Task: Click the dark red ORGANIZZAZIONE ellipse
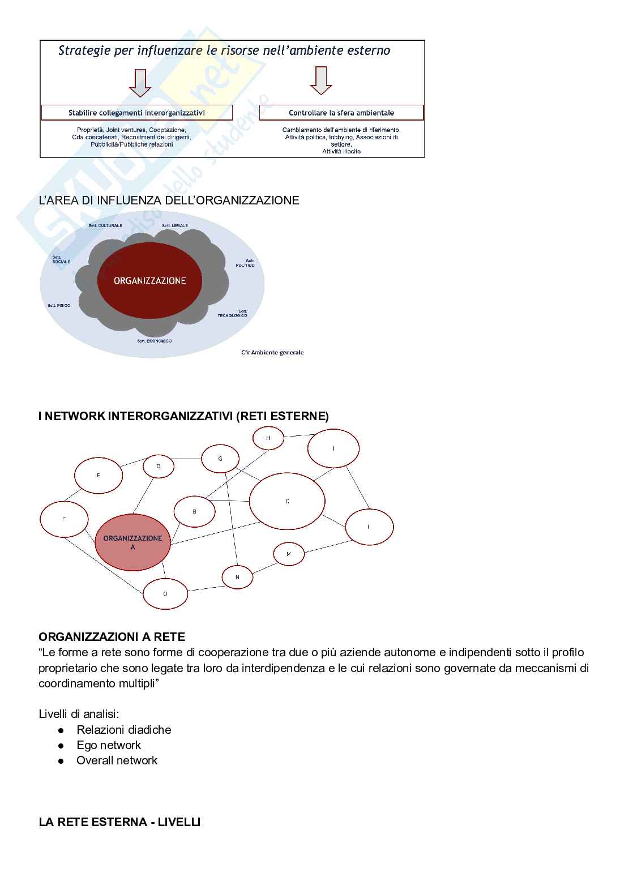coord(149,280)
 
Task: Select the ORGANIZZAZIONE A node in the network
coord(132,542)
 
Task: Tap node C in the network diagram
coord(287,502)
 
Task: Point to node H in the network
coord(268,438)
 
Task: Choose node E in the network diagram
coord(99,476)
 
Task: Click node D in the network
coord(159,467)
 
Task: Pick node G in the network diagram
coord(220,459)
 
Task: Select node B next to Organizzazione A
coord(194,512)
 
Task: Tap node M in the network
coord(289,554)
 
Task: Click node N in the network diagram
coord(237,578)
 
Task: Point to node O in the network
coord(165,594)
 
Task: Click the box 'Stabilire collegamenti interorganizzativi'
coord(137,113)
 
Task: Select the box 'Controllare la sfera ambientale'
coord(341,113)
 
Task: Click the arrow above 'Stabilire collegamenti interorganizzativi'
coord(140,83)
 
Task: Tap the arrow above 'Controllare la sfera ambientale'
coord(321,80)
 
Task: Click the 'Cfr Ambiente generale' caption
coord(272,352)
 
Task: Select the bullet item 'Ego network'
coord(109,745)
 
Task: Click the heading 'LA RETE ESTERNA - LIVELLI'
coord(119,822)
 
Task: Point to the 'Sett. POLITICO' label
coord(245,263)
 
